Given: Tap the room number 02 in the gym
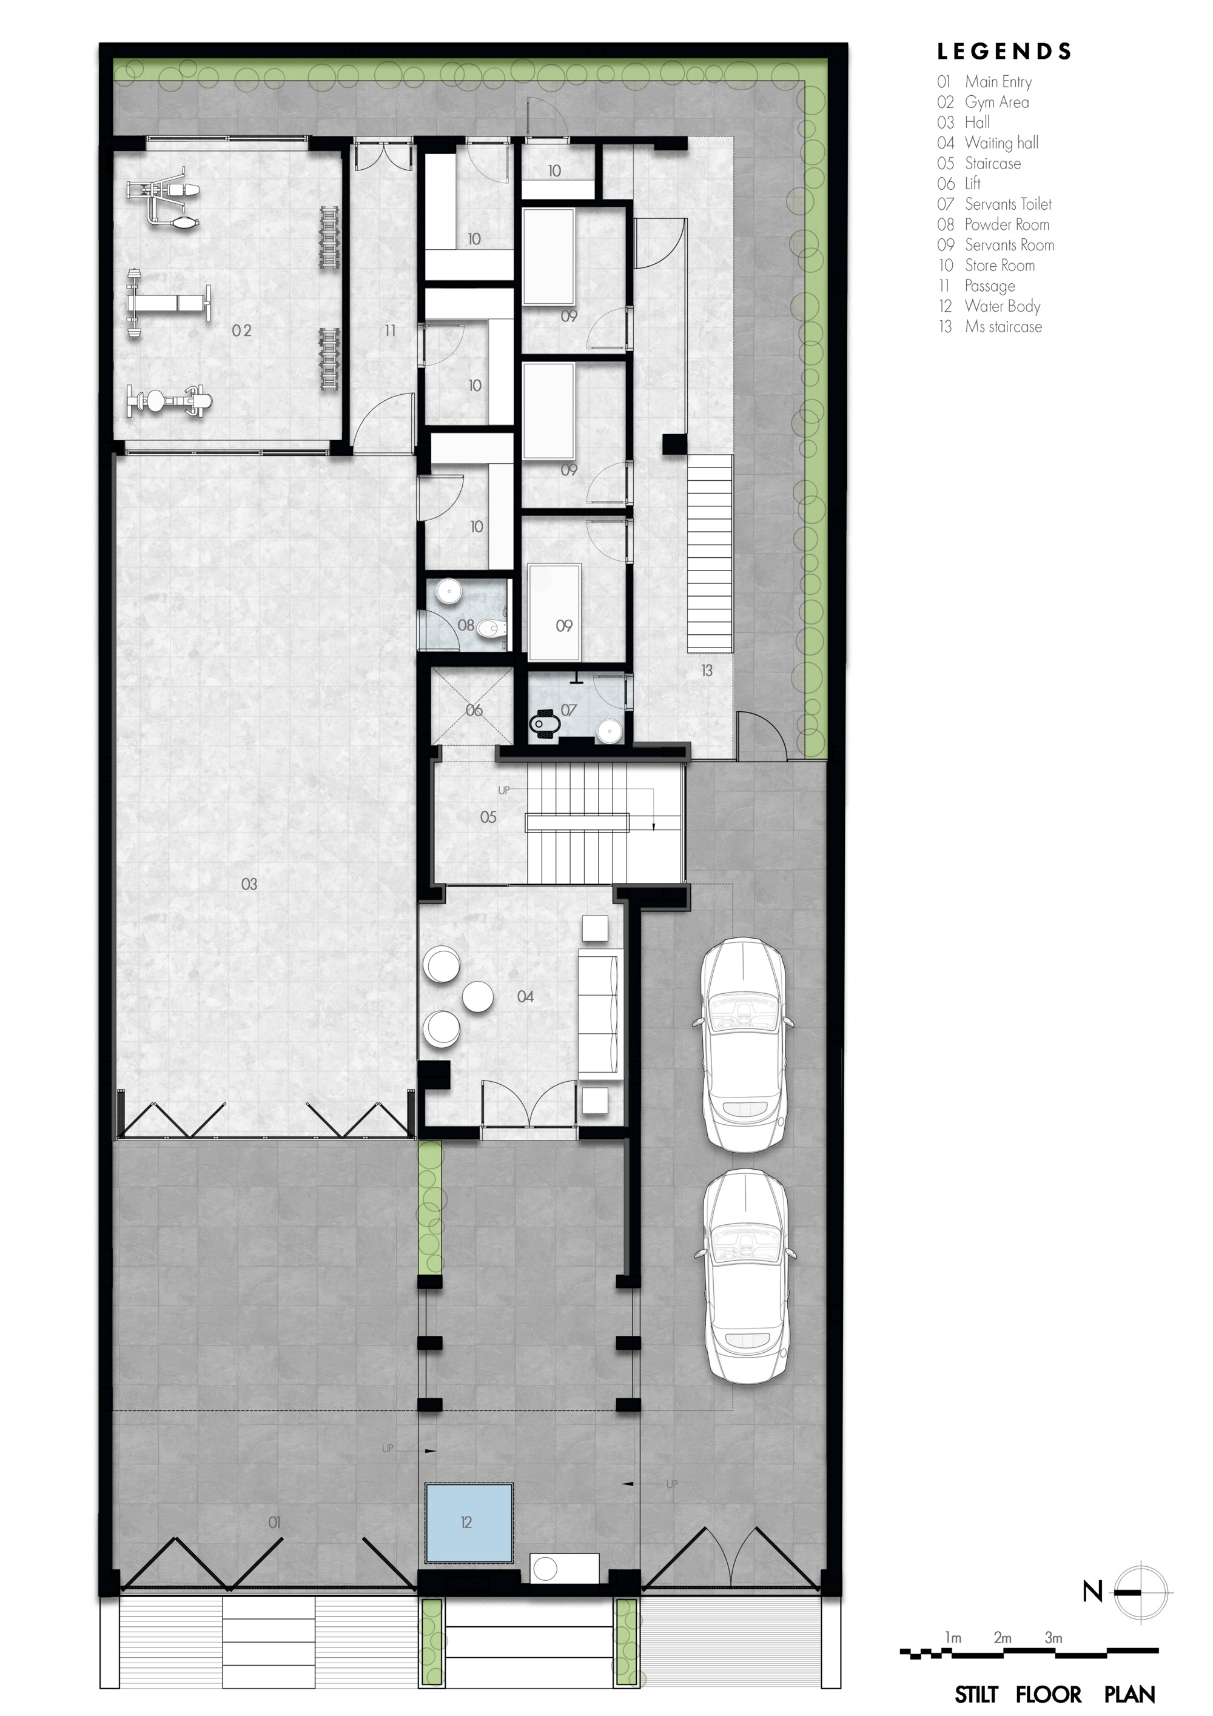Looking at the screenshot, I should (241, 330).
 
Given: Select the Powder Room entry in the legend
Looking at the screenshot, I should (993, 224).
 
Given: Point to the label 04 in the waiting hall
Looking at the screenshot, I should (525, 996).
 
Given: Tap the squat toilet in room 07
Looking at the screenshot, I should (541, 723).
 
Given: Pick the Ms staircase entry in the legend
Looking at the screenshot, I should (990, 327).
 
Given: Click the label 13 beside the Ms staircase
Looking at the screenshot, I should (707, 671).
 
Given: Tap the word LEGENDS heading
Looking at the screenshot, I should (1004, 52).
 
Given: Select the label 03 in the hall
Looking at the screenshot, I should (249, 884).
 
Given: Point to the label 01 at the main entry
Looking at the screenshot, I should (274, 1522).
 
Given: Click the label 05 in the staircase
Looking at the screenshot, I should (488, 817).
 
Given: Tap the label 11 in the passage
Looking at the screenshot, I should (390, 330).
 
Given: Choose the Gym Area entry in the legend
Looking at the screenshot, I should (983, 102).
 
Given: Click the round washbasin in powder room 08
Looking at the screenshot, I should (448, 591).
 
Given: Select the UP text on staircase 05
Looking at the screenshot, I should (504, 790).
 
